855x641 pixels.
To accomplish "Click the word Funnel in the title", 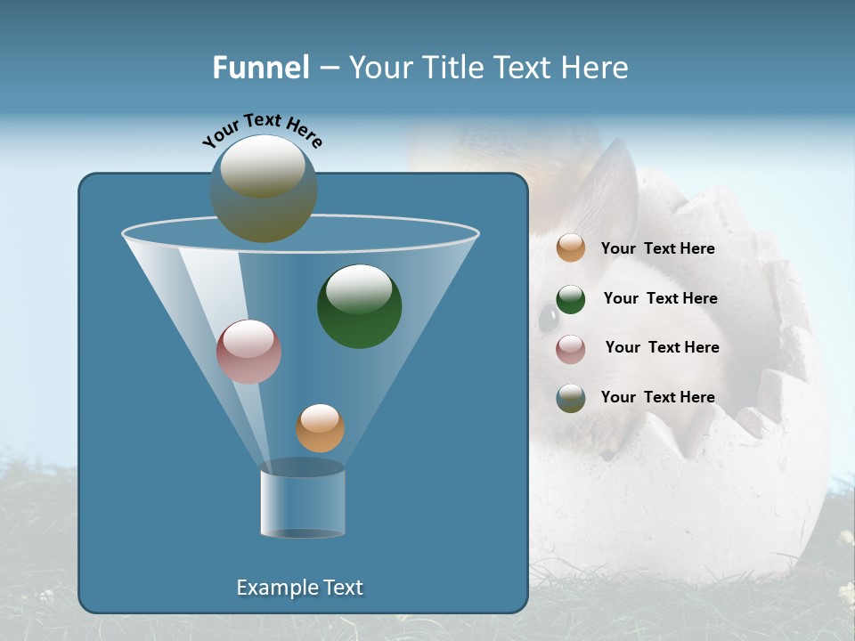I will point(260,68).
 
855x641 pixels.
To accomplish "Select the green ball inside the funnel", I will point(359,305).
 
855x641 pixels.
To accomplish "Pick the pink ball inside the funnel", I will point(248,351).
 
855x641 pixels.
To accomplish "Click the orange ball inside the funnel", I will point(320,428).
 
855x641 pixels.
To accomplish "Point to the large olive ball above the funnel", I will point(264,188).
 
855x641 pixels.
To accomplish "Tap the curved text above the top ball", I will point(262,130).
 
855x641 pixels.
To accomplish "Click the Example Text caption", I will point(300,588).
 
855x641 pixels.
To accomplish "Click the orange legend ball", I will point(571,247).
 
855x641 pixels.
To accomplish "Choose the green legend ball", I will point(571,299).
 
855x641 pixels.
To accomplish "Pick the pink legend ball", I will point(571,348).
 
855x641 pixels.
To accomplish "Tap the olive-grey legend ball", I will point(571,398).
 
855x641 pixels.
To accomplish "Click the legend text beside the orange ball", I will point(657,249).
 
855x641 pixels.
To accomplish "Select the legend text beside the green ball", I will point(660,299).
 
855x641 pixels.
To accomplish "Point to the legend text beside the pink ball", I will point(662,348).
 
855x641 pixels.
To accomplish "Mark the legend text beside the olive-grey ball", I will point(657,398).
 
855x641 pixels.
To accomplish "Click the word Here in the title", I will point(595,68).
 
